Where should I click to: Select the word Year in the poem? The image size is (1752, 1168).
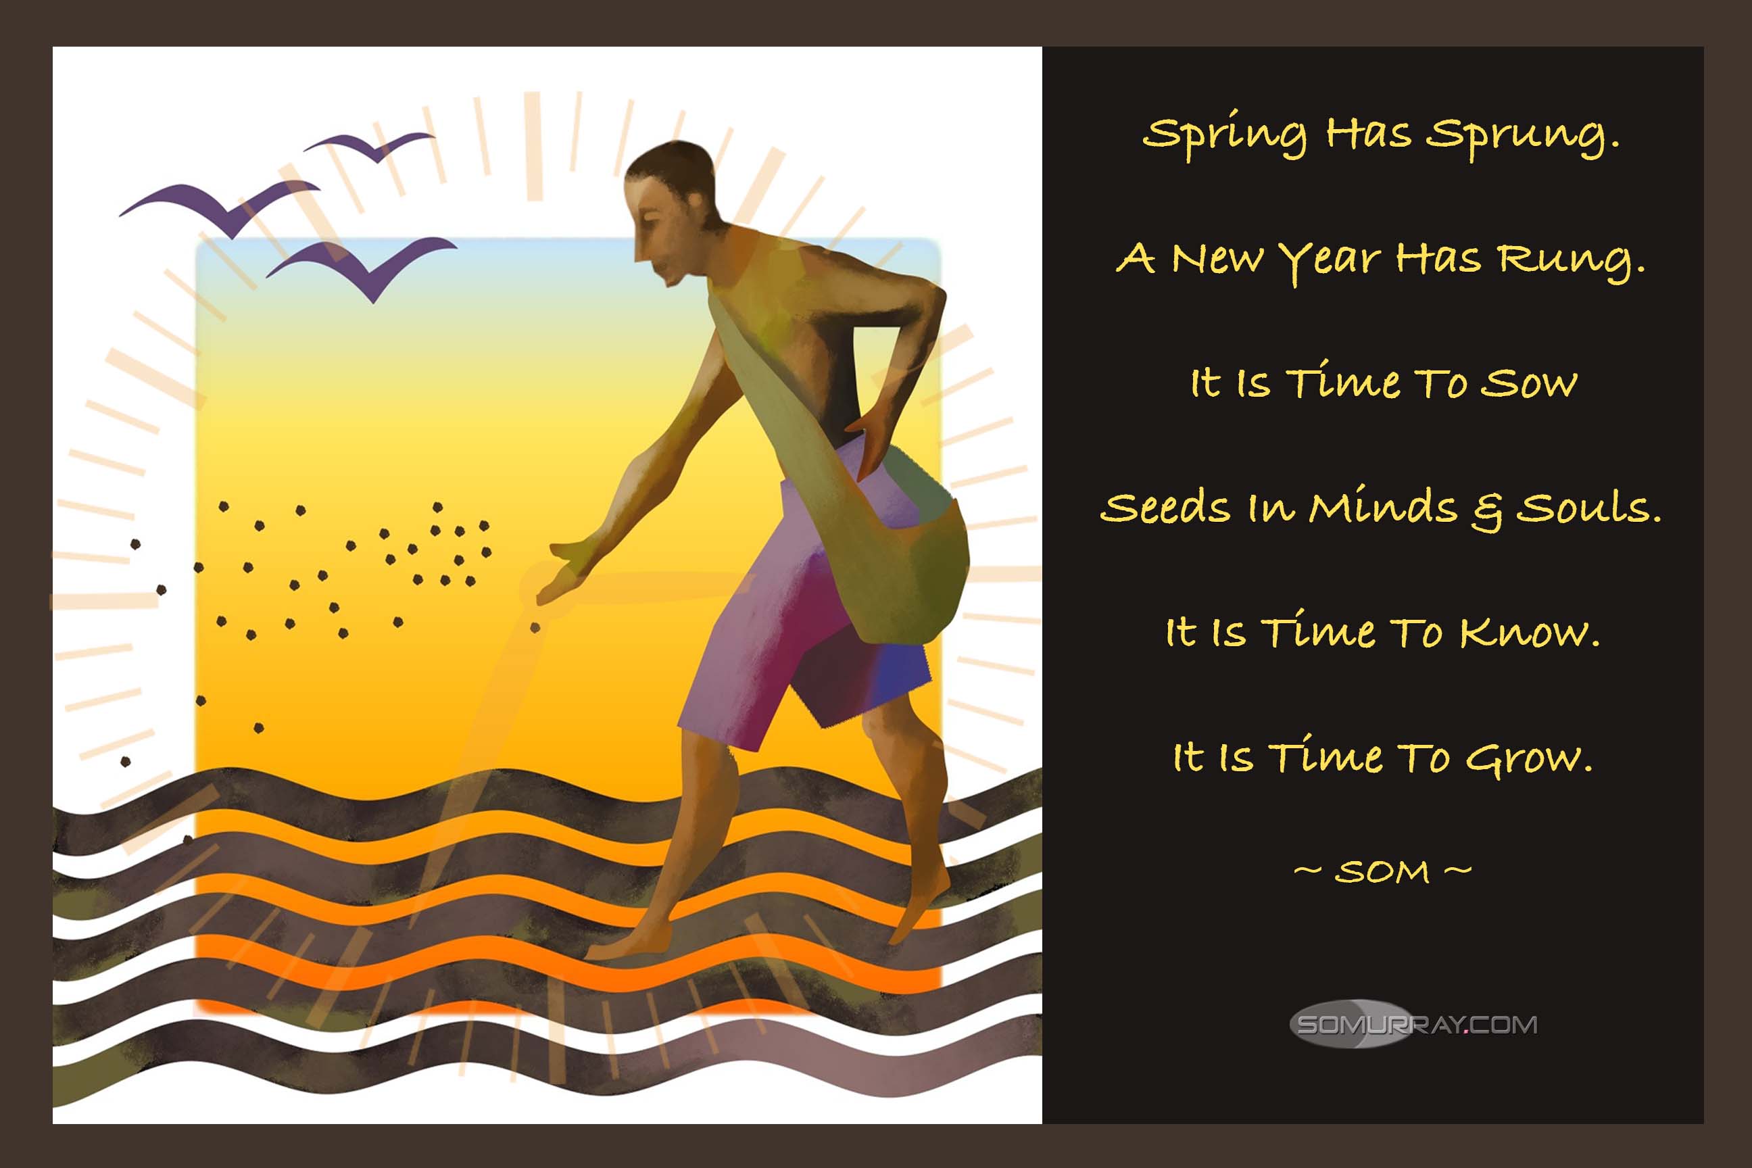(1330, 261)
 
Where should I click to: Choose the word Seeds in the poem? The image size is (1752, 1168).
(1165, 508)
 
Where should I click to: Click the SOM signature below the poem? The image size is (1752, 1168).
(1382, 871)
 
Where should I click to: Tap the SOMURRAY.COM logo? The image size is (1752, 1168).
(1413, 1024)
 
